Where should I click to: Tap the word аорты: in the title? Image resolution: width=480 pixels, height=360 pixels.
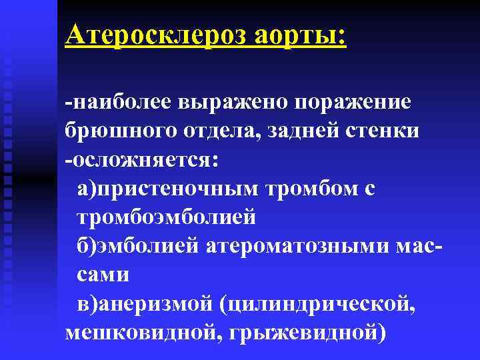click(299, 33)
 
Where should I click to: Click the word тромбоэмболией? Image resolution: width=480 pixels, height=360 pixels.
click(167, 218)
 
